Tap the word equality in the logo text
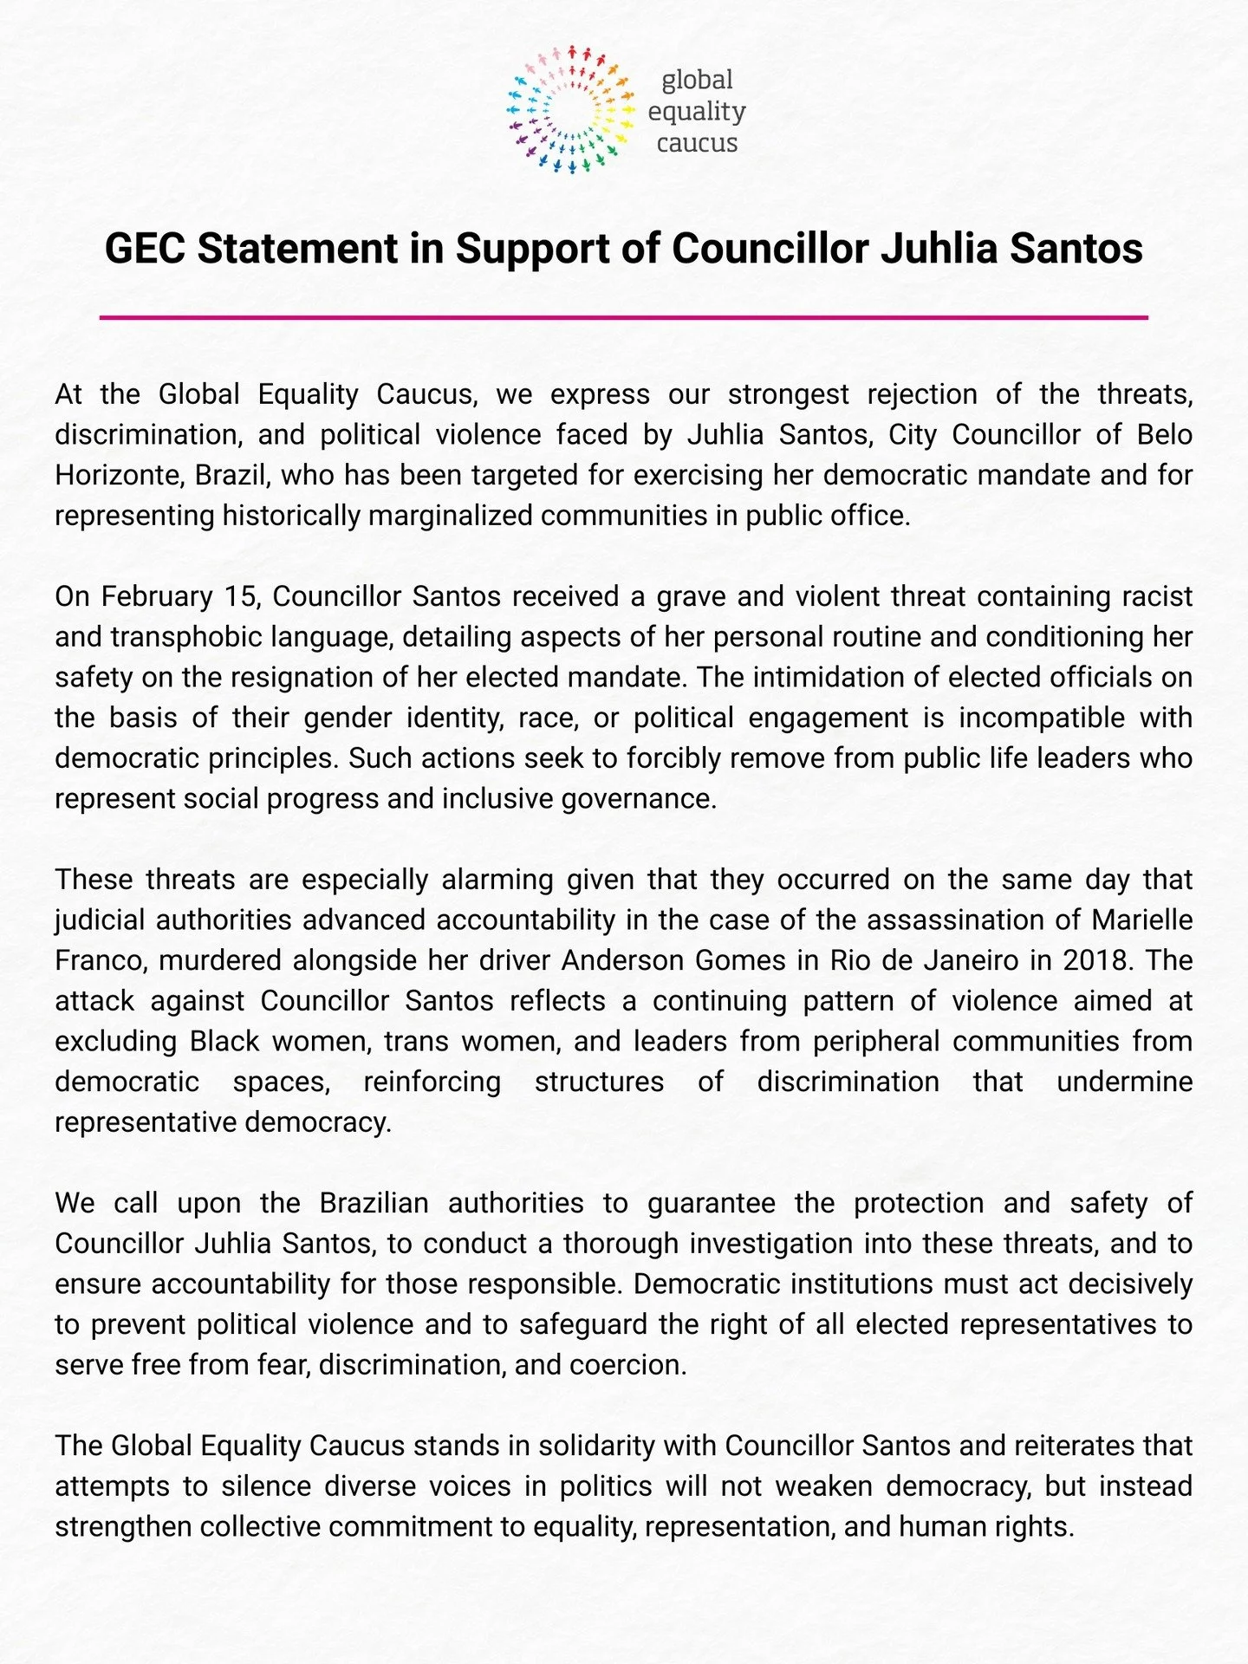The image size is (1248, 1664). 697,111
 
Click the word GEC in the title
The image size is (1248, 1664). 145,249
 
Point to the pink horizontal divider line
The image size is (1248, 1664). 624,317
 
